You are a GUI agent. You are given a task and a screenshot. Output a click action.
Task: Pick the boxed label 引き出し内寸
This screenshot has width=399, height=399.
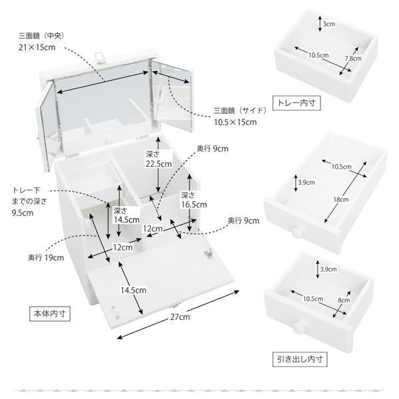point(302,360)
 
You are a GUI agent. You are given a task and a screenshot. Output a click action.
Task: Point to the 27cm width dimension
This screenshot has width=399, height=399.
point(180,317)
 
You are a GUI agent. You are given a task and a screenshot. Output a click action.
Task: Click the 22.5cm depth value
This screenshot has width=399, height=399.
point(158,163)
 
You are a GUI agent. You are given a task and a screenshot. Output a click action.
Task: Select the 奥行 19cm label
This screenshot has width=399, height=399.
point(46,257)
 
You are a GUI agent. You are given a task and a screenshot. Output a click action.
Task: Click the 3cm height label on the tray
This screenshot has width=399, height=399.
point(329,25)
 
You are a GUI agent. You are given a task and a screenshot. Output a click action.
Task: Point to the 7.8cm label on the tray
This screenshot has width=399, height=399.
point(353,59)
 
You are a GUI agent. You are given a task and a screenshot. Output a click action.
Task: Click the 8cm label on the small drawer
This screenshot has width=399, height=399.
point(343,300)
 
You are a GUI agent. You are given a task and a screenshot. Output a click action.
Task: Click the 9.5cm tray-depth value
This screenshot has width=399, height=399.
point(23,213)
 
